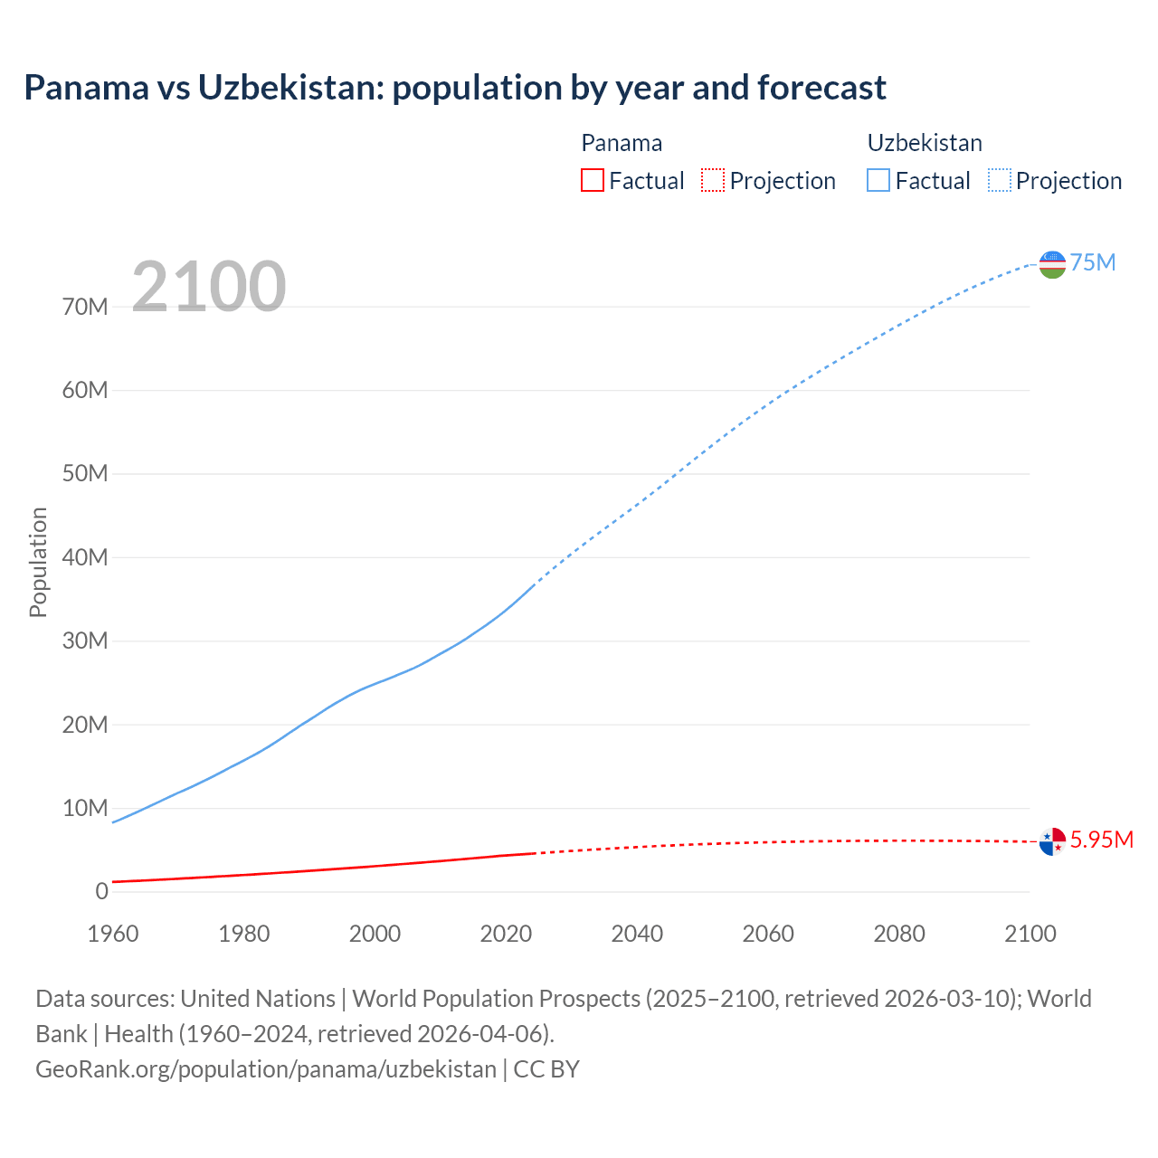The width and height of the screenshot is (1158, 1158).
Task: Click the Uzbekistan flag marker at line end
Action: coord(1052,264)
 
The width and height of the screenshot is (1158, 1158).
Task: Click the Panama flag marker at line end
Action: coord(1052,841)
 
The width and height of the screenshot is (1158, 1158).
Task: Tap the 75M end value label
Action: coord(1093,263)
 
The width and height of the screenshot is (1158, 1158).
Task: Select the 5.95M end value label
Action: coord(1102,840)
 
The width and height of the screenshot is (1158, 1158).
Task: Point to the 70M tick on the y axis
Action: coord(85,308)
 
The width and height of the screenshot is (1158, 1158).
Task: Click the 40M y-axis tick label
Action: coord(85,558)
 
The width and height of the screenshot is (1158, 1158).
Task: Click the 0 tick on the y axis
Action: coord(101,892)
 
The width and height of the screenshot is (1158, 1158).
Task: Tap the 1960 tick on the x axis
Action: coord(113,934)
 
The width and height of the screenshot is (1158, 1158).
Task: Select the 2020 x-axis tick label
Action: coord(506,934)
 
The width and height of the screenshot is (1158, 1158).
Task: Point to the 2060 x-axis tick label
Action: coord(768,934)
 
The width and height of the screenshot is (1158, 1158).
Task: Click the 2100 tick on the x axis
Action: coord(1030,934)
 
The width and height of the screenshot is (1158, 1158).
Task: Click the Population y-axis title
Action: coord(38,563)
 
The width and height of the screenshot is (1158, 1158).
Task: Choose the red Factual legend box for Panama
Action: coord(593,181)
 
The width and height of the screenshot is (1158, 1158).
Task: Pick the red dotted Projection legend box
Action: coord(713,181)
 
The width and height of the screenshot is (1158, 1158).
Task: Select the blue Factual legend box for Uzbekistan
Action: coord(878,181)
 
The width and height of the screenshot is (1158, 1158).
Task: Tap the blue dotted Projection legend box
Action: coord(1000,181)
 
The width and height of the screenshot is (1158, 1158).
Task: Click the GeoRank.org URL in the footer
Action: coord(266,1069)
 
